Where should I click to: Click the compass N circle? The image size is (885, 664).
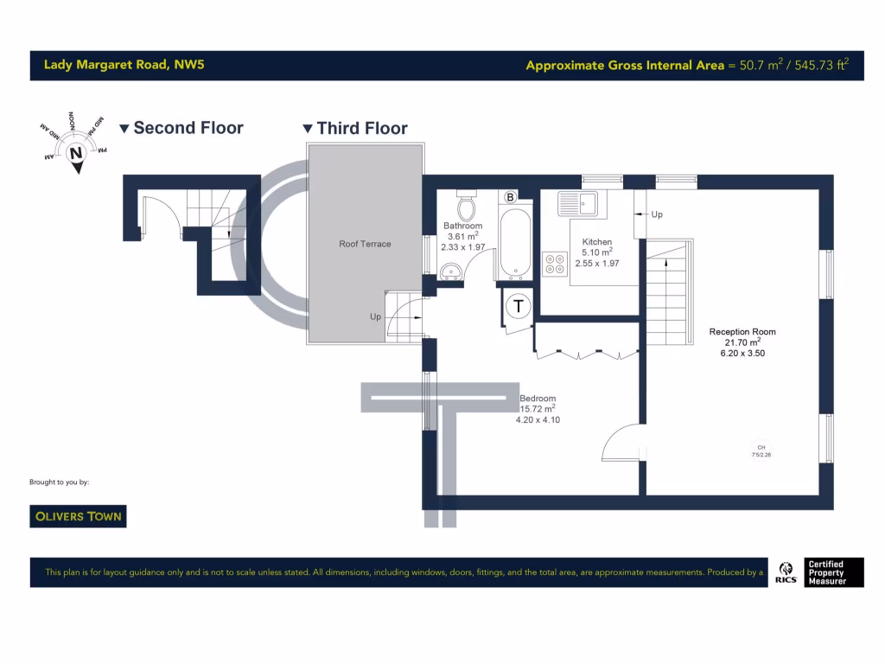[76, 154]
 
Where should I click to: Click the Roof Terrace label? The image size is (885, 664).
[365, 244]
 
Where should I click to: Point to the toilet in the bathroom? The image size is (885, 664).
[467, 206]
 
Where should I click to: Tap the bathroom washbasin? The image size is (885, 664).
[450, 273]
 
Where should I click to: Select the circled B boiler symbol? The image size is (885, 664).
[510, 198]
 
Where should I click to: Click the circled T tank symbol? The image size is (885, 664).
[519, 305]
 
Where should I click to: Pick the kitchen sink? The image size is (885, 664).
[577, 204]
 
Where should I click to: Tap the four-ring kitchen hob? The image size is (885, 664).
[554, 264]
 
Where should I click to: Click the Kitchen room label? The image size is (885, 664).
[597, 242]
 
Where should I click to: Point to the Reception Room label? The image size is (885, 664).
[742, 332]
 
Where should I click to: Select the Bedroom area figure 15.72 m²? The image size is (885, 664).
[537, 409]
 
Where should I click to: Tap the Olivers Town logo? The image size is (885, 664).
[78, 516]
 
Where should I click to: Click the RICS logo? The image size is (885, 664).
[787, 572]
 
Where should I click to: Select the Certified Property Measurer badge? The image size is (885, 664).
[833, 572]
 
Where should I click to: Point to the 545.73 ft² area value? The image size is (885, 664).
[821, 65]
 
